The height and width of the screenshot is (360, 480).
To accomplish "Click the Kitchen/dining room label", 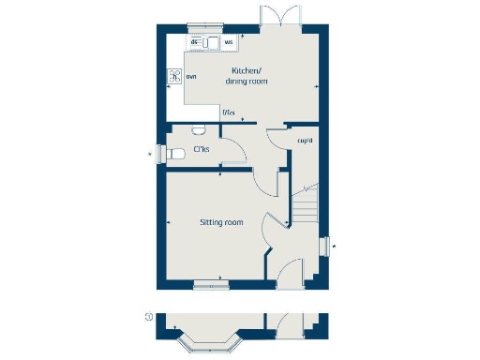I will point(246,76).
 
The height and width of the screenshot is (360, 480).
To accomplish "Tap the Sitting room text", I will point(221,222).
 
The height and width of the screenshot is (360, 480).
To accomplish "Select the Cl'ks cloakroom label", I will point(201,149).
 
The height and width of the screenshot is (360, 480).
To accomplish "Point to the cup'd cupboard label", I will point(304,141).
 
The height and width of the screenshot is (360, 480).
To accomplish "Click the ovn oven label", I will point(190,77).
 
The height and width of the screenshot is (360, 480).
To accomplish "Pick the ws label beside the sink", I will point(228,42).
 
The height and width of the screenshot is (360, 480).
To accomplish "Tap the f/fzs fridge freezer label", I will point(228,113).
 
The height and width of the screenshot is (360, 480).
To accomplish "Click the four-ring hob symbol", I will point(173,77).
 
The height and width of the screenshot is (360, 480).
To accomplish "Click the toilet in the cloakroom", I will point(197,130).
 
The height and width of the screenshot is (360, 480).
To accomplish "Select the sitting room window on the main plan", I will point(207,282).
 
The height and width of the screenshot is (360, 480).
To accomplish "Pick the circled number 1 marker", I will point(147,317).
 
